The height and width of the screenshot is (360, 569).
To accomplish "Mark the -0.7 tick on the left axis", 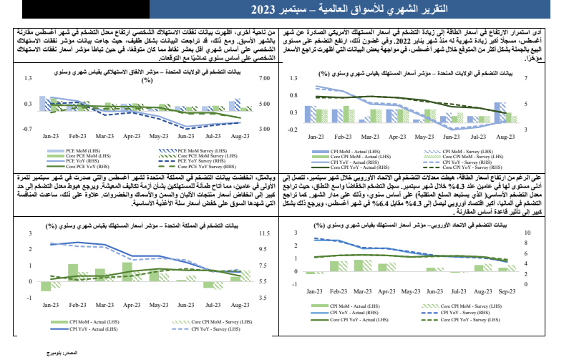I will [26, 129].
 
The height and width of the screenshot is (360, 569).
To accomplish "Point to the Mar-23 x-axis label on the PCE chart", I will [105, 136].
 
